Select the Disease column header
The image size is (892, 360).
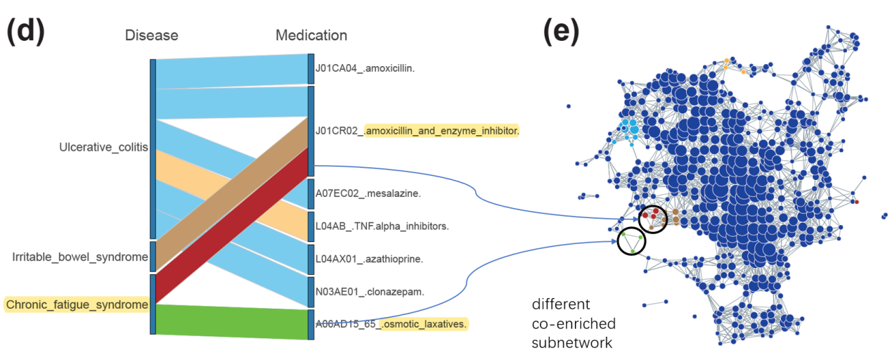point(151,35)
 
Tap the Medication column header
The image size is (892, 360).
point(311,35)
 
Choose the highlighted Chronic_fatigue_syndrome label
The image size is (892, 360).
point(77,304)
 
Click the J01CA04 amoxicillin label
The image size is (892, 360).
point(366,68)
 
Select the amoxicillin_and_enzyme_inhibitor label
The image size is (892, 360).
point(441,130)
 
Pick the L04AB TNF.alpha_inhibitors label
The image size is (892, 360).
point(382,226)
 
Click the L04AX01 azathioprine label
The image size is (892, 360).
point(369,259)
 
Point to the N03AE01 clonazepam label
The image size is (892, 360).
point(370,290)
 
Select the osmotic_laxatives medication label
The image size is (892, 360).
point(424,324)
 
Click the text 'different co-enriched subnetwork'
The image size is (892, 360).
point(574,323)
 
